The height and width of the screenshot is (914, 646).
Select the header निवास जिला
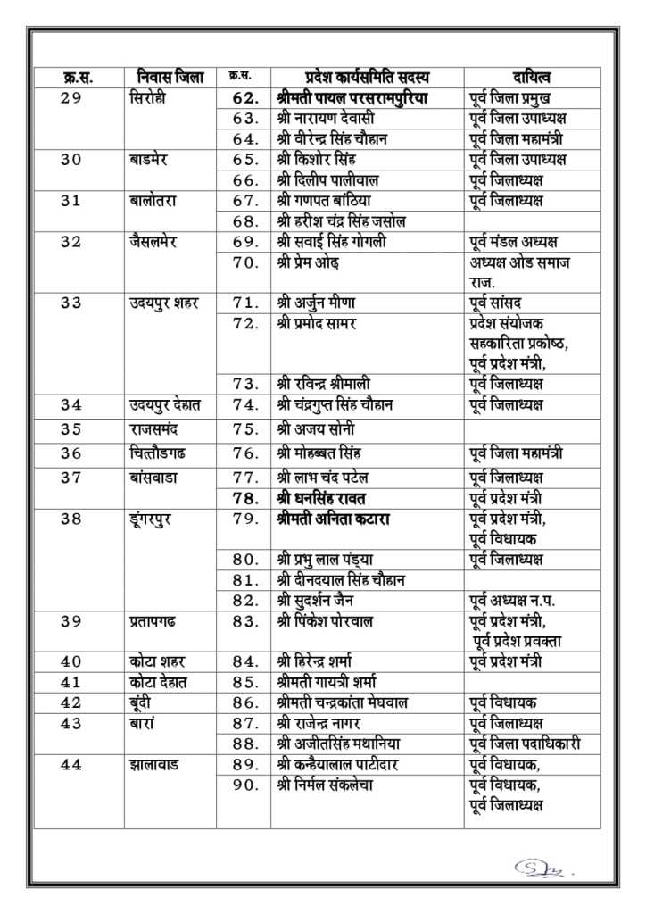[x=161, y=78]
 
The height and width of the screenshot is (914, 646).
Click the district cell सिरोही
[x=150, y=98]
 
